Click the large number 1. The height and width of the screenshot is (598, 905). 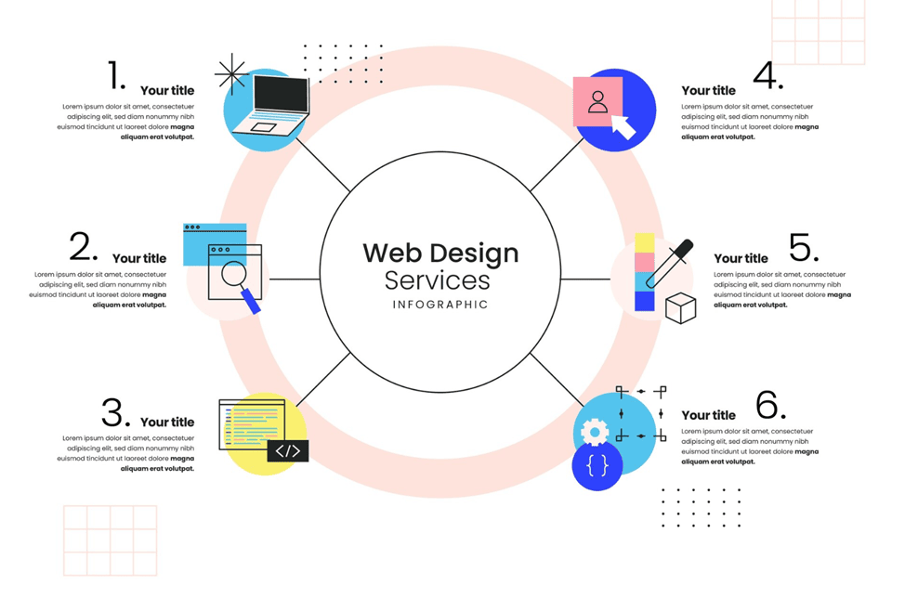pyautogui.click(x=116, y=75)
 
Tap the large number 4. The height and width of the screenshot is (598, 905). pyautogui.click(x=768, y=75)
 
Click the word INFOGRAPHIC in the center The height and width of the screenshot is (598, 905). pyautogui.click(x=440, y=305)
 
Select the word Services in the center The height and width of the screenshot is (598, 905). pyautogui.click(x=438, y=280)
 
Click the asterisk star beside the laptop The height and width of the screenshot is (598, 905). pyautogui.click(x=231, y=73)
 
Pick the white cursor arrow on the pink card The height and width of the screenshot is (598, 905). pyautogui.click(x=623, y=126)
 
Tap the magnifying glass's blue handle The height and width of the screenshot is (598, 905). pyautogui.click(x=251, y=301)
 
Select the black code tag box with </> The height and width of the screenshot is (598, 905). pyautogui.click(x=288, y=451)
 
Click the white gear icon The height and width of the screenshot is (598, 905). pyautogui.click(x=595, y=432)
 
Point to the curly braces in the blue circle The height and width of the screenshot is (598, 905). pyautogui.click(x=597, y=465)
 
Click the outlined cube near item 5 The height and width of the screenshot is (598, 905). pyautogui.click(x=680, y=308)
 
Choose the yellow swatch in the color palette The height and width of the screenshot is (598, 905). pyautogui.click(x=645, y=242)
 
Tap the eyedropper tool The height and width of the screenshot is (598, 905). pyautogui.click(x=670, y=263)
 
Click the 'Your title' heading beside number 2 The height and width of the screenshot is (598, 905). pyautogui.click(x=139, y=258)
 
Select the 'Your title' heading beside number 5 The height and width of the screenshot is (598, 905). pyautogui.click(x=741, y=258)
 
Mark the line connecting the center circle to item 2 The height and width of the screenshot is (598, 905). pyautogui.click(x=295, y=279)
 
